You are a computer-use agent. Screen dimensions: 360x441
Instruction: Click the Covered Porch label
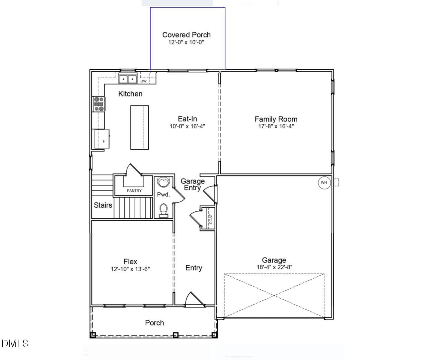pos(187,35)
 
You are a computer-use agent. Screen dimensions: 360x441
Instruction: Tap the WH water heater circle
pos(324,183)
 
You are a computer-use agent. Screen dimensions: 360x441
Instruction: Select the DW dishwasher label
pos(143,81)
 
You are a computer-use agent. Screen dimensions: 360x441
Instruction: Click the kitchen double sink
pos(128,79)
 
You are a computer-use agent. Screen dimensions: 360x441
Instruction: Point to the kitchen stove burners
pos(99,104)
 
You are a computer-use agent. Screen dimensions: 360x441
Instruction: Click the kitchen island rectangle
pos(139,127)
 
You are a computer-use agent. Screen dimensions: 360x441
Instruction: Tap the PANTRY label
pos(134,191)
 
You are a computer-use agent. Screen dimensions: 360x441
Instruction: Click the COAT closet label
pos(211,219)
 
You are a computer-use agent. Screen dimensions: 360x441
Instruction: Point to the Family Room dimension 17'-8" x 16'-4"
pos(276,126)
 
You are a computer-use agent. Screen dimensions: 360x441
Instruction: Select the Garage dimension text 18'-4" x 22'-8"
pos(274,267)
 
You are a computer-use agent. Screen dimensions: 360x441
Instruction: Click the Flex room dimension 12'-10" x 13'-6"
pos(130,269)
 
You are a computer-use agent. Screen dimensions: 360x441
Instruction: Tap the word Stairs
pos(103,205)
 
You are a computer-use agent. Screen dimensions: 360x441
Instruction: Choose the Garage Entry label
pos(193,184)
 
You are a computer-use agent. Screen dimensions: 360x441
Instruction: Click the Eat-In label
pos(187,119)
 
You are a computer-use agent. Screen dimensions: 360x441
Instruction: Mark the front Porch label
pos(154,323)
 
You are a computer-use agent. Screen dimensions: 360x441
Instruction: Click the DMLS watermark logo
pos(15,343)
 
